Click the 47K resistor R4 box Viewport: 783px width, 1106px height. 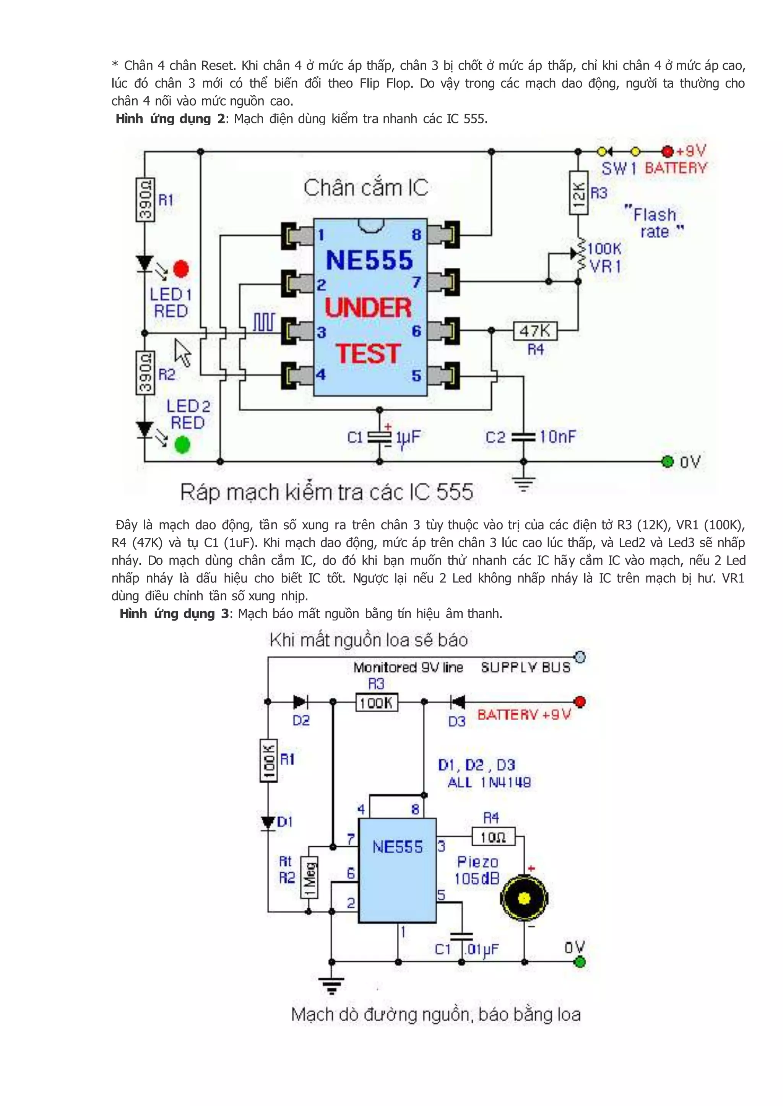[x=535, y=331]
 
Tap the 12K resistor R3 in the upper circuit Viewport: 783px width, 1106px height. [x=578, y=193]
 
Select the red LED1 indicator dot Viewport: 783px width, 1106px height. [x=181, y=269]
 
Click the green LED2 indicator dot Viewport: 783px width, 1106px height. [x=182, y=444]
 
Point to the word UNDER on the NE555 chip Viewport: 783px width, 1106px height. [x=368, y=308]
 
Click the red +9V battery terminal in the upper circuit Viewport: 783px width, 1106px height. [x=667, y=152]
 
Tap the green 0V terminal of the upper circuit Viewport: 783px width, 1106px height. [x=667, y=461]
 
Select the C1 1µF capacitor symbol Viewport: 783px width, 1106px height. [x=380, y=437]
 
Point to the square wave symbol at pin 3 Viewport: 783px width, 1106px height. [x=264, y=322]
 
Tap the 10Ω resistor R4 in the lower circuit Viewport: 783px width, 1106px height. [x=493, y=837]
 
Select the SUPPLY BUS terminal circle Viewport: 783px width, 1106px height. [x=580, y=656]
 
